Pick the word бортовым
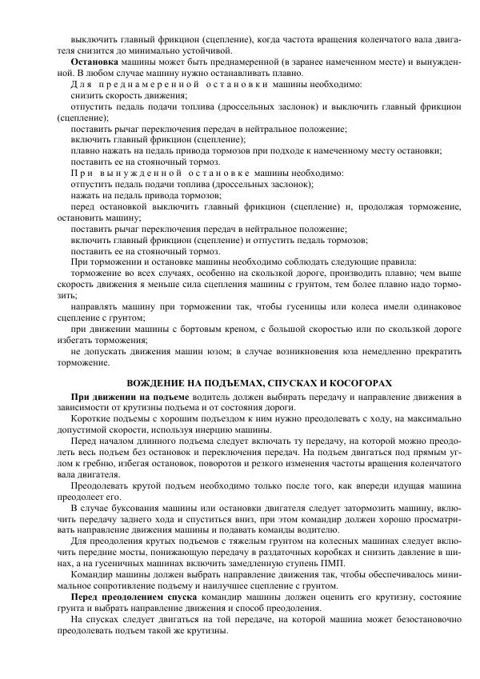(195, 329)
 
